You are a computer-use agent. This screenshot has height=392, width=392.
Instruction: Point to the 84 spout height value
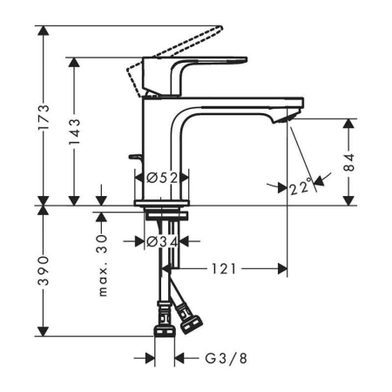click(349, 162)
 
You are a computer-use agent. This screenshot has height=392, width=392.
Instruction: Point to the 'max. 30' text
click(103, 265)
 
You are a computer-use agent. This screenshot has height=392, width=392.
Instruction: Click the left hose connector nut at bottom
click(161, 327)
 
